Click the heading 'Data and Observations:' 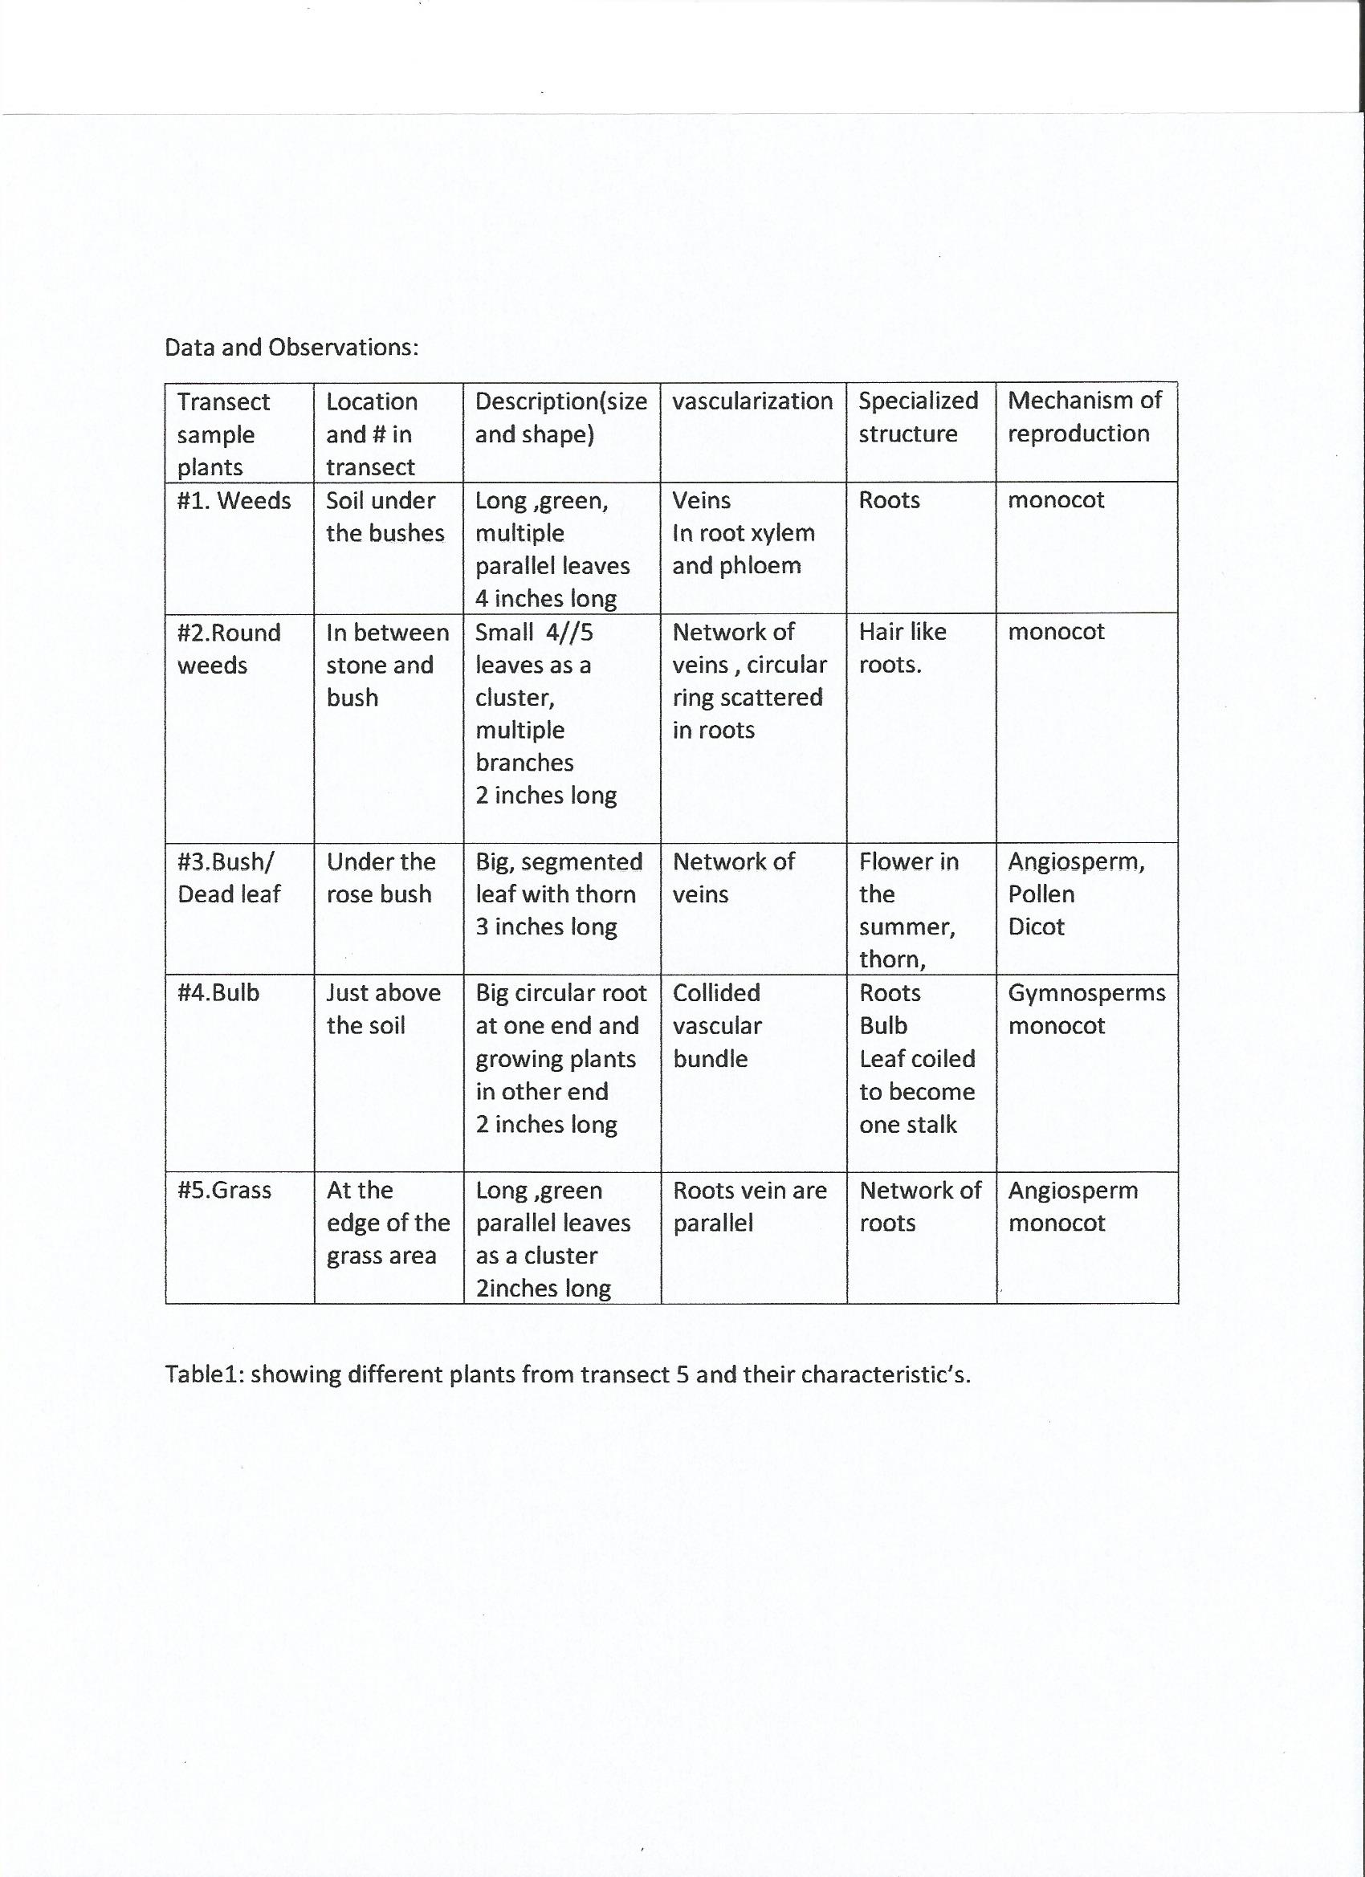click(291, 347)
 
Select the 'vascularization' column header click(752, 401)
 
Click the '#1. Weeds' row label click(234, 501)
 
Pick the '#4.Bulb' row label click(218, 992)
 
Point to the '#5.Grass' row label click(223, 1190)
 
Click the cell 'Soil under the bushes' click(385, 516)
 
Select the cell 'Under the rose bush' click(380, 877)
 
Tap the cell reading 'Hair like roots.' click(902, 648)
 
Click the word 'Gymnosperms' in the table click(1086, 992)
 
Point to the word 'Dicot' click(1036, 926)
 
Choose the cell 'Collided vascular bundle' click(716, 1025)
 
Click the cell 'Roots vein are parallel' click(749, 1207)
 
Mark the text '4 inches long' click(545, 598)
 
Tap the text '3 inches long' click(545, 926)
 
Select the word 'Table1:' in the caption click(204, 1374)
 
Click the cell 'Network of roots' click(919, 1207)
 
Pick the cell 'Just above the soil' click(382, 1009)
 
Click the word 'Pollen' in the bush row click(1041, 894)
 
